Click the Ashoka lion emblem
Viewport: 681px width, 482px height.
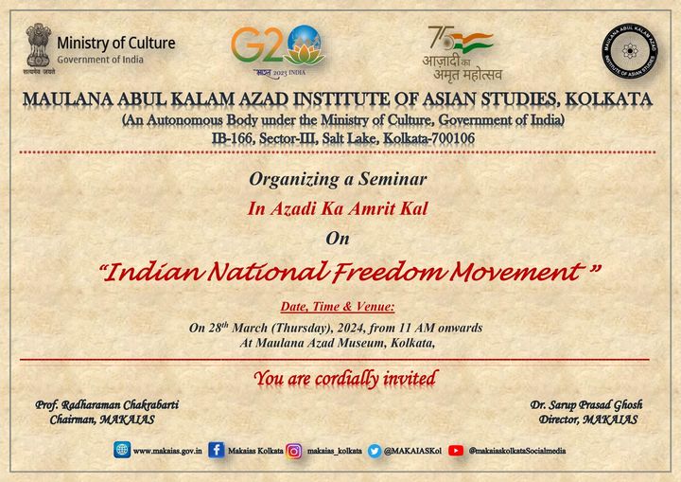coord(39,48)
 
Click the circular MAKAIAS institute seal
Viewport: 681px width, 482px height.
coord(629,51)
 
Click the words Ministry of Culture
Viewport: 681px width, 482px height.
coord(116,43)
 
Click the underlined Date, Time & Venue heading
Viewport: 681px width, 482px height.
coord(338,307)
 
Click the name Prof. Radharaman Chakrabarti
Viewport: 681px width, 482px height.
coord(107,405)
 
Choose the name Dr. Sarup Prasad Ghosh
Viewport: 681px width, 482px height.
coord(586,405)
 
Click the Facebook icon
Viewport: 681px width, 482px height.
coord(217,450)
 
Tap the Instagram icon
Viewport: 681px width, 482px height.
coord(293,451)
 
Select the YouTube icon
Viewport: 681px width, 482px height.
coord(456,451)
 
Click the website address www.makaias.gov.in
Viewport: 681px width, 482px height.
coord(167,451)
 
